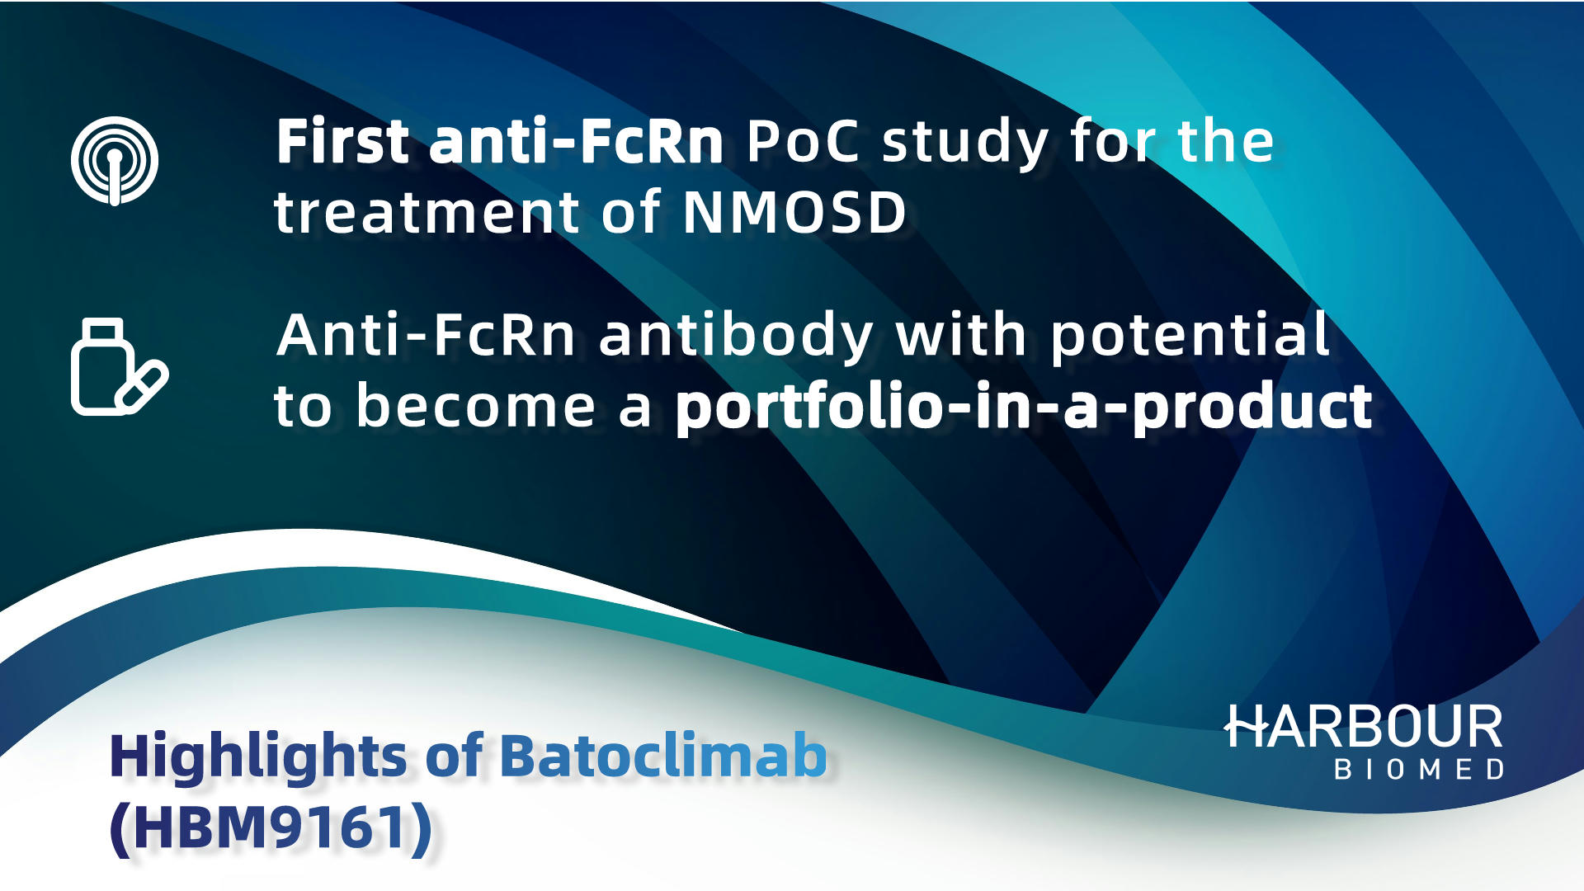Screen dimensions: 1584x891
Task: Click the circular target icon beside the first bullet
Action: pyautogui.click(x=115, y=161)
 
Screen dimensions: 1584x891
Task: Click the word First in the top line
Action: pyautogui.click(x=343, y=141)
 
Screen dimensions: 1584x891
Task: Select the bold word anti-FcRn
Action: pyautogui.click(x=577, y=141)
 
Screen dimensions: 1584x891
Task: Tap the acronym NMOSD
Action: pyautogui.click(x=794, y=213)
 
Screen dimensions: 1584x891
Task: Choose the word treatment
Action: pyautogui.click(x=427, y=213)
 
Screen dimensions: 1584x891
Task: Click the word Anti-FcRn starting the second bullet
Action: pyautogui.click(x=426, y=336)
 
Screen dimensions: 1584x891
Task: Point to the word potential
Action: pyautogui.click(x=1190, y=337)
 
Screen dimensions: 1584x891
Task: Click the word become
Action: pyautogui.click(x=476, y=406)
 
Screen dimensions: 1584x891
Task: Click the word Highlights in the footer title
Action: pyautogui.click(x=258, y=757)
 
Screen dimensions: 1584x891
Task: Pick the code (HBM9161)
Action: pyautogui.click(x=271, y=827)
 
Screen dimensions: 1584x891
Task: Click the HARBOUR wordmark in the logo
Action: pyautogui.click(x=1363, y=726)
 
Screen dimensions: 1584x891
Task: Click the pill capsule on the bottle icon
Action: pyautogui.click(x=142, y=385)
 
